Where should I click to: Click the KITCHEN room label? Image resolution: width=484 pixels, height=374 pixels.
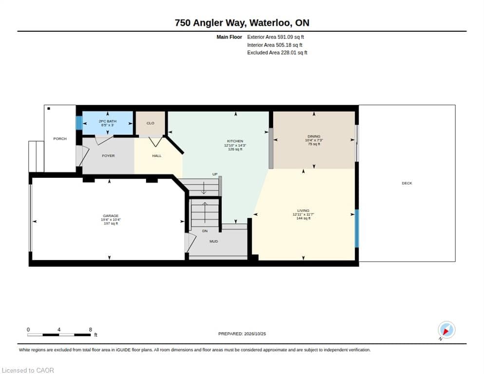tap(235, 141)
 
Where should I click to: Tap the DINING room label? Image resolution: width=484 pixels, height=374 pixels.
tap(314, 136)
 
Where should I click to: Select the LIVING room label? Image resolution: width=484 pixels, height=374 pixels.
tap(303, 211)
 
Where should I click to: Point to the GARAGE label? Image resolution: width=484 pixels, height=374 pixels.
tap(111, 216)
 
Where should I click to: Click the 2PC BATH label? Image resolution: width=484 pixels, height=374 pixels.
tap(108, 121)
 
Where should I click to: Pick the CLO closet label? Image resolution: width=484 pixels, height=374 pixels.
tap(150, 123)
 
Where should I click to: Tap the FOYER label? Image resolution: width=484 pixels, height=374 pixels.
tap(109, 156)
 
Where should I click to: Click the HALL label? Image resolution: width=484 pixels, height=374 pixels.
tap(157, 156)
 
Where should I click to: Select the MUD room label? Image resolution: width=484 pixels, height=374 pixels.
tap(214, 242)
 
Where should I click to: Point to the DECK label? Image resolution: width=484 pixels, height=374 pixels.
tap(407, 183)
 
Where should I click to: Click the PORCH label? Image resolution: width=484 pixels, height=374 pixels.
tap(60, 139)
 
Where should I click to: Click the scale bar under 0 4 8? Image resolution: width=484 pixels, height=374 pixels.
tap(59, 335)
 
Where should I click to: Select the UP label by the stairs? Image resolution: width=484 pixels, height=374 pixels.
tap(215, 174)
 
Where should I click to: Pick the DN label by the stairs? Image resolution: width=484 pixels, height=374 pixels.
tap(205, 231)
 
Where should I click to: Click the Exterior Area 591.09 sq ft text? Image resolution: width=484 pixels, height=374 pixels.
tap(275, 37)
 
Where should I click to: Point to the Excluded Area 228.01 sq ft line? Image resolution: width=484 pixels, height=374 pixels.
tap(277, 53)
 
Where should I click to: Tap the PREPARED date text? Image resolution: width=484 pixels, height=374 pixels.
tap(242, 334)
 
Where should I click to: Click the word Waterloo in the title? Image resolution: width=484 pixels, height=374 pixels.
tap(270, 23)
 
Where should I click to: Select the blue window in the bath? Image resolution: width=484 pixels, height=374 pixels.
tap(79, 123)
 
